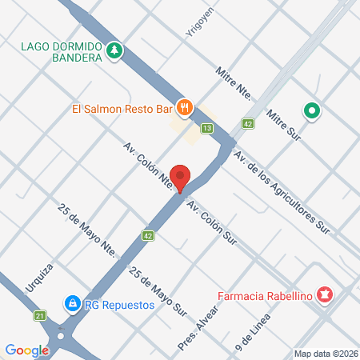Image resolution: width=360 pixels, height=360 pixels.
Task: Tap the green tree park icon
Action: pyautogui.click(x=114, y=50)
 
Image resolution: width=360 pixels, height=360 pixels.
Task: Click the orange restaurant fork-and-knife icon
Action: pyautogui.click(x=185, y=106)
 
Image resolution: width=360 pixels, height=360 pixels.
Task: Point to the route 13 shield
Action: pyautogui.click(x=207, y=128)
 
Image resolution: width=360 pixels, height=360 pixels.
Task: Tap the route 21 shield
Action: pyautogui.click(x=40, y=317)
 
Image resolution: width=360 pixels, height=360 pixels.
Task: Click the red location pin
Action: pyautogui.click(x=182, y=178)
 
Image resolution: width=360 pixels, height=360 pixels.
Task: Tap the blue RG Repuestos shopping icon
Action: pyautogui.click(x=72, y=303)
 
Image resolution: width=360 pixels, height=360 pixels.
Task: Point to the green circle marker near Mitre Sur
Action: pyautogui.click(x=312, y=110)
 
